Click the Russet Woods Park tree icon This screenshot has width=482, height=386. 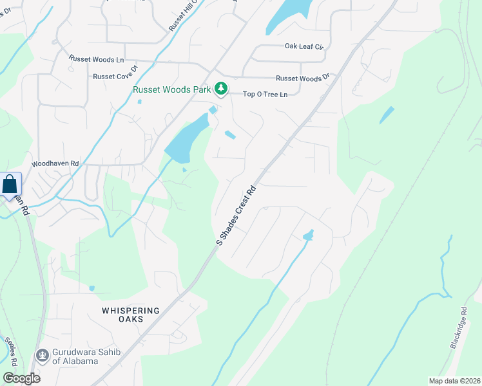(x=221, y=89)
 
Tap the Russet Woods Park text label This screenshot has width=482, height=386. (x=171, y=89)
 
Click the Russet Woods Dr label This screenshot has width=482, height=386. (x=302, y=78)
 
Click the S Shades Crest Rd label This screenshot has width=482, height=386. (x=236, y=216)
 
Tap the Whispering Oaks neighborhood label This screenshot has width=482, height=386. (x=131, y=315)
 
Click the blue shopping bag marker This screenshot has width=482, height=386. (x=10, y=184)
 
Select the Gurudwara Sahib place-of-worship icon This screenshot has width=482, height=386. (x=43, y=354)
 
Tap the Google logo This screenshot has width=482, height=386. (x=21, y=378)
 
